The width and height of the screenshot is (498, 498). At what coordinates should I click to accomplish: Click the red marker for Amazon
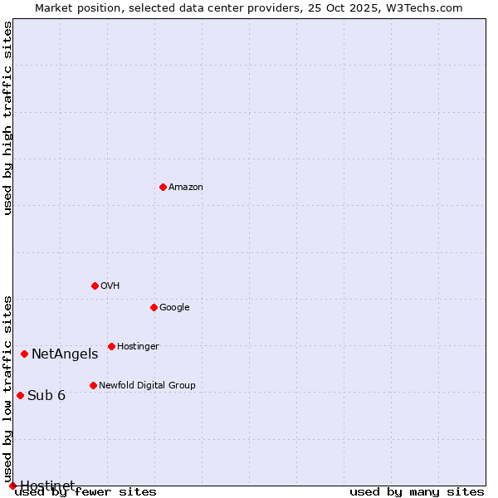163,187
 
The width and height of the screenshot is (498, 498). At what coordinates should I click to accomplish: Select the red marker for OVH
95,286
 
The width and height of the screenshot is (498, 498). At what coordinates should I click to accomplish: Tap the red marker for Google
154,307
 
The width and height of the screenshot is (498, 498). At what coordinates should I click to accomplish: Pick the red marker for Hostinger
111,346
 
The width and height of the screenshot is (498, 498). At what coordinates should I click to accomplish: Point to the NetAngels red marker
24,354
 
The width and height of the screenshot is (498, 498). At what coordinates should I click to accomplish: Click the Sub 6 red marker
20,395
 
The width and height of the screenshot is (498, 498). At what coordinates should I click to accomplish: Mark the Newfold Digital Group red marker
93,385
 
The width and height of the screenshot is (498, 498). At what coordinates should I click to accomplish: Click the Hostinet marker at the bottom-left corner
12,486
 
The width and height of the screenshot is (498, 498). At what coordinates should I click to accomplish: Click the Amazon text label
186,188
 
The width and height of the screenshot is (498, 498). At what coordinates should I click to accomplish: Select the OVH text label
110,286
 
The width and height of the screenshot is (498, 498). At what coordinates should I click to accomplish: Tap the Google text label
174,308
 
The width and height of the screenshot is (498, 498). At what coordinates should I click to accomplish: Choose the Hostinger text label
138,347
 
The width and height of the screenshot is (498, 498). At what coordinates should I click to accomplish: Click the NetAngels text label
65,354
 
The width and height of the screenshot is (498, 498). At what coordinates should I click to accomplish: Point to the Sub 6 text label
46,395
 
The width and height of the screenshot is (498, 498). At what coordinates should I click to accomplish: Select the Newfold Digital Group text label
147,386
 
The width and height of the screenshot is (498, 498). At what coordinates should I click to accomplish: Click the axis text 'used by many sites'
417,492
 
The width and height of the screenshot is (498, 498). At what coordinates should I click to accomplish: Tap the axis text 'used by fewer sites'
85,492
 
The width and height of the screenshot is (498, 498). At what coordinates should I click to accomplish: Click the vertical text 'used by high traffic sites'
7,118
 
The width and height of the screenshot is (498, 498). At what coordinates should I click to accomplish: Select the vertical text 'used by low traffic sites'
7,388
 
